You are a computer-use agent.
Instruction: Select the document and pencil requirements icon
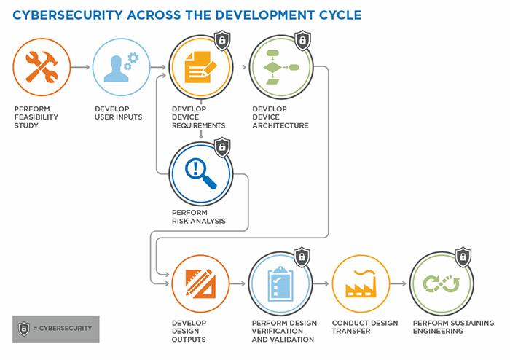point(200,67)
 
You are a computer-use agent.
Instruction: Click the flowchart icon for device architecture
point(280,67)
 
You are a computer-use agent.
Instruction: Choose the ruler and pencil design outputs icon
point(200,284)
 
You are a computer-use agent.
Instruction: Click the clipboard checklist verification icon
point(280,284)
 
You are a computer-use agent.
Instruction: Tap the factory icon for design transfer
point(361,284)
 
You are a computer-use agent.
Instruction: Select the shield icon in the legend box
point(23,328)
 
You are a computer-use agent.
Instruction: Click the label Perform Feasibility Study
point(36,117)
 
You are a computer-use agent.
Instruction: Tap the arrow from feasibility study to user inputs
point(81,67)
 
